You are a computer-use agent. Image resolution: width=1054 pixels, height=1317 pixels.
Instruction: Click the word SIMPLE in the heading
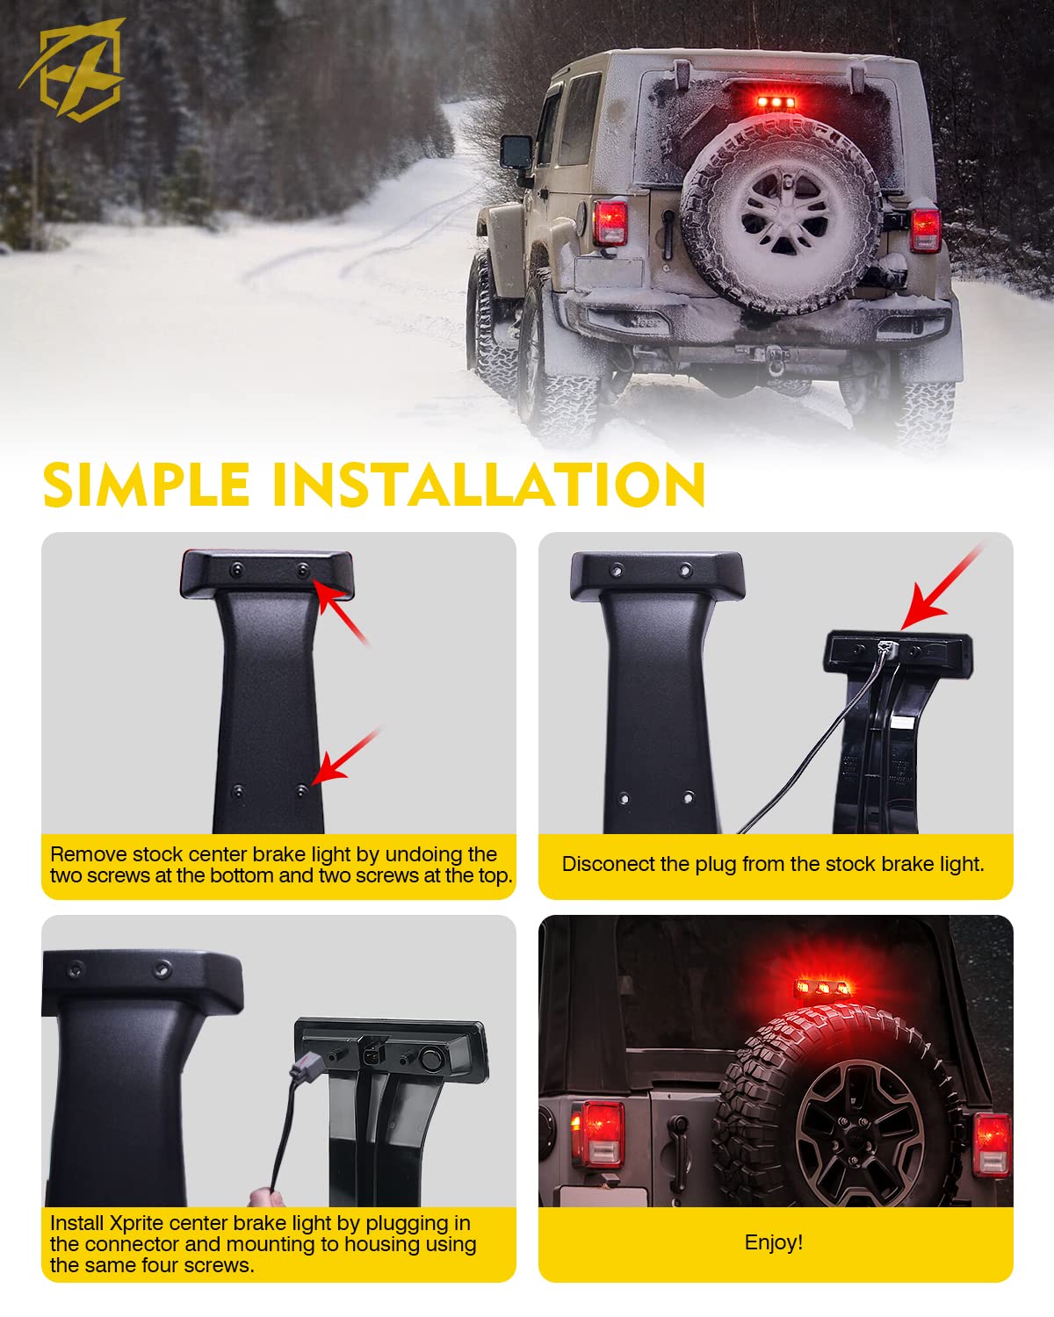coord(147,485)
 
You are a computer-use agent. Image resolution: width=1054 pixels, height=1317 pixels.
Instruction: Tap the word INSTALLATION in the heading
coord(489,485)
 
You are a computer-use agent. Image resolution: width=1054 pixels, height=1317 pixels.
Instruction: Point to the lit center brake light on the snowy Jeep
coord(776,102)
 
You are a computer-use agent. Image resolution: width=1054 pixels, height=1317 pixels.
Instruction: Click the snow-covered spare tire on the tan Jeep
coord(782,213)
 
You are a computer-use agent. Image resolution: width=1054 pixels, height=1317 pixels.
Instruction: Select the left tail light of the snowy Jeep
coord(610,222)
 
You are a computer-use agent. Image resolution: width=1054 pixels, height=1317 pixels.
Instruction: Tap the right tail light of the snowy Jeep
coord(925,229)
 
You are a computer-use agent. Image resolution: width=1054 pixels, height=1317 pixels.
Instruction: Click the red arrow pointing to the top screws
coord(341,612)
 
